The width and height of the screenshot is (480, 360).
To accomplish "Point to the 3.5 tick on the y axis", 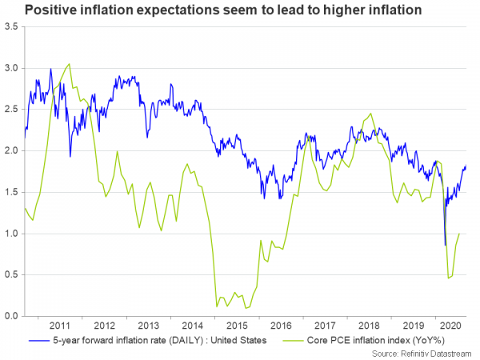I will click(x=11, y=26).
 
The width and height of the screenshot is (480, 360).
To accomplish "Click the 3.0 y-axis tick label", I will click(x=11, y=68).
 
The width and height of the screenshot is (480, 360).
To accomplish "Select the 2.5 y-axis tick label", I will click(x=11, y=109).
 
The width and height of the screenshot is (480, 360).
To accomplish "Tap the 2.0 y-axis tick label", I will click(x=11, y=150).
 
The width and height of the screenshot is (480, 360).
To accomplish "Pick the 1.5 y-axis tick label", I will click(x=11, y=192).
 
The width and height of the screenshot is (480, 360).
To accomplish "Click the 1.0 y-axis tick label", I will click(x=11, y=234).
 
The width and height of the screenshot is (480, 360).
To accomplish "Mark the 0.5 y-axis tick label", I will click(x=11, y=275).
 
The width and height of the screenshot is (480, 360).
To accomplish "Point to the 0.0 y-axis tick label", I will click(x=11, y=316).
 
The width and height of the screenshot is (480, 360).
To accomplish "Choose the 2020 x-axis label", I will click(x=450, y=326).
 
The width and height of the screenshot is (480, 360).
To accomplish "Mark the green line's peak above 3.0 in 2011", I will click(x=70, y=64).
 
